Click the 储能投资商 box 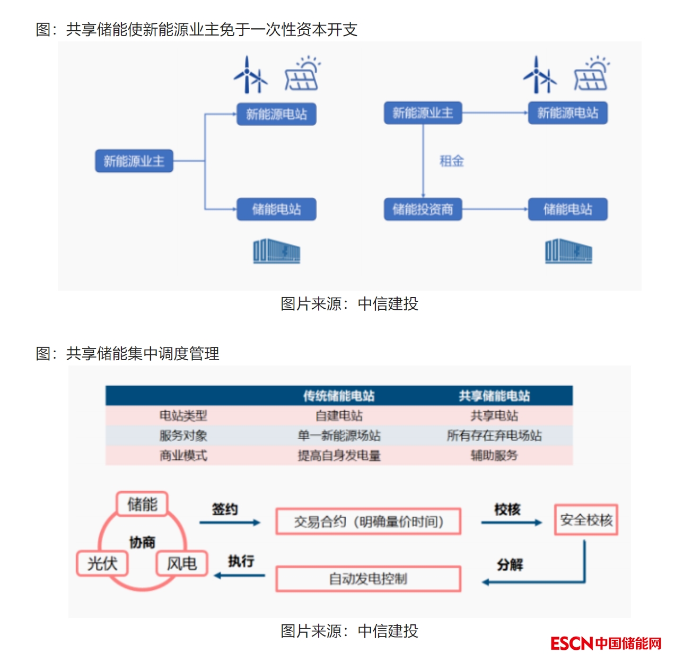tap(423, 210)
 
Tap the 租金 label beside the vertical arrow tap(452, 161)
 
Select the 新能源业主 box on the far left tap(134, 161)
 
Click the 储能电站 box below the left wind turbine tap(276, 210)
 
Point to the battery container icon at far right tap(568, 251)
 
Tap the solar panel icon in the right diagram tap(591, 74)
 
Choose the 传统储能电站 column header tap(339, 396)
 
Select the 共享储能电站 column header tap(494, 396)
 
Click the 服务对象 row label tap(183, 435)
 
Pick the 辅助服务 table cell tap(494, 455)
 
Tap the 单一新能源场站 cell tap(339, 435)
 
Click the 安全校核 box tap(586, 520)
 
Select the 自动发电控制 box tap(368, 579)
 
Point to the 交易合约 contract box tap(368, 522)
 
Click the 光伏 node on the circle tap(103, 563)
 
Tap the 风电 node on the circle tap(181, 563)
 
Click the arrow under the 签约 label tap(230, 523)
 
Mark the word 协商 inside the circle tap(142, 542)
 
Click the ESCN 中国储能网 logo tap(606, 643)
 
